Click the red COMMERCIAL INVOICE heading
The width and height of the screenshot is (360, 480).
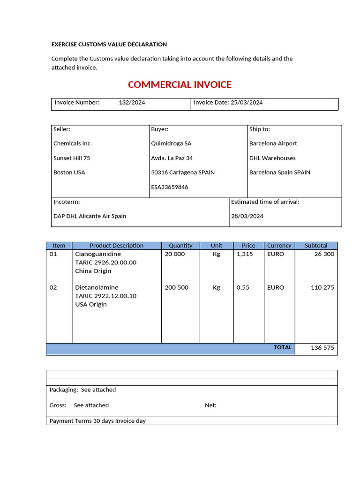(180, 85)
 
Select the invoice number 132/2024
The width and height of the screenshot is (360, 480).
(132, 103)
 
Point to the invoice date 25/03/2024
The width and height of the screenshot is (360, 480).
(247, 103)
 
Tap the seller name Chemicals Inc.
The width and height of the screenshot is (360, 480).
(73, 143)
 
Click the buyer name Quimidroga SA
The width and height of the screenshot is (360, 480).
(171, 143)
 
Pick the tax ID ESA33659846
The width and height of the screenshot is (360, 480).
(169, 187)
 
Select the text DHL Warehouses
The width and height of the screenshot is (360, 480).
(272, 158)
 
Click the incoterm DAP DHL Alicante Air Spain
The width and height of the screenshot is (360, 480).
(90, 216)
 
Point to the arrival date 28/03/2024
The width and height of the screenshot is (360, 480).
(247, 216)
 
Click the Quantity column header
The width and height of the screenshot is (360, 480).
(180, 246)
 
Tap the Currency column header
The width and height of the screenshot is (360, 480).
(279, 246)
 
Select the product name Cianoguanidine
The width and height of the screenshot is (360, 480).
(97, 254)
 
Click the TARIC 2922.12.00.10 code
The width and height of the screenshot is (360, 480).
(105, 296)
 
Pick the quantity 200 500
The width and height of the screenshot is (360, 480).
(177, 287)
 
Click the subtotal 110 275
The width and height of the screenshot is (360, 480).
(322, 287)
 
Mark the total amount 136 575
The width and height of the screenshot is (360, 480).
(322, 348)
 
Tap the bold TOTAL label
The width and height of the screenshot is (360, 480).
(283, 348)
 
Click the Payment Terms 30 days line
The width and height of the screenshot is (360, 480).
(97, 421)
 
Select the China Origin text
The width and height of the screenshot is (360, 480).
(93, 271)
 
